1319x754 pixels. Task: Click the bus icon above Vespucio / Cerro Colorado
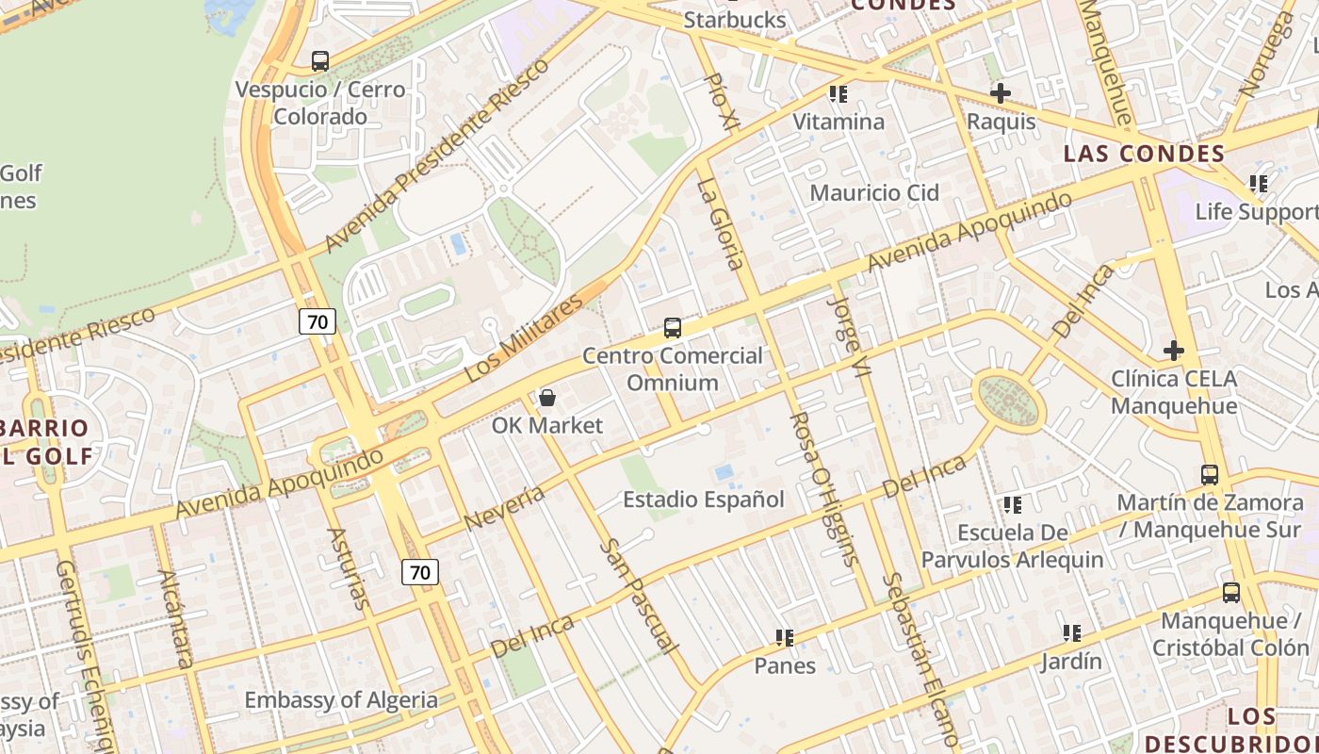[x=320, y=61]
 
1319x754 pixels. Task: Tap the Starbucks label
[x=735, y=20]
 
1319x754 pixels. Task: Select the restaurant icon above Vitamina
[x=839, y=94]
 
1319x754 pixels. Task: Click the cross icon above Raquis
[x=1001, y=93]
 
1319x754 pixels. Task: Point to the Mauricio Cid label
[x=875, y=193]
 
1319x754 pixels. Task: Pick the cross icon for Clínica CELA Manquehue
[x=1173, y=351]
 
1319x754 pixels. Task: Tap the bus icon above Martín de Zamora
[x=1210, y=475]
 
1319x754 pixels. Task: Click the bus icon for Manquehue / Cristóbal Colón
[x=1231, y=593]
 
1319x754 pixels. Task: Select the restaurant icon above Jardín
[x=1071, y=633]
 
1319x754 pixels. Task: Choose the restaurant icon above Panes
[x=785, y=638]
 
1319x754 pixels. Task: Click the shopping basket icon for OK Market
[x=546, y=398]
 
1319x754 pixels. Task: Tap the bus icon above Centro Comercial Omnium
[x=673, y=328]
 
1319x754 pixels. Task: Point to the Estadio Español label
[x=704, y=500]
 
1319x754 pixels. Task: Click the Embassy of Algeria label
[x=341, y=700]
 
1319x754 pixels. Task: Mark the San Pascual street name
[x=639, y=596]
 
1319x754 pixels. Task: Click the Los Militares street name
[x=524, y=337]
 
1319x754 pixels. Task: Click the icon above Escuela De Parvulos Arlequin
[x=1013, y=505]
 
